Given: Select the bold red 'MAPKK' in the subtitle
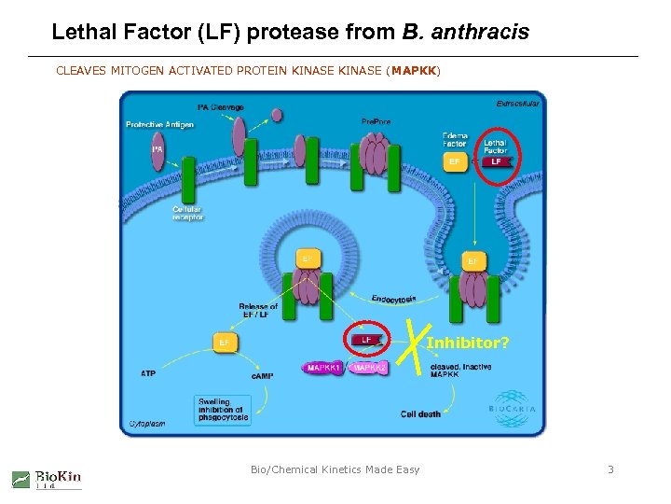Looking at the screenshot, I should pyautogui.click(x=415, y=71).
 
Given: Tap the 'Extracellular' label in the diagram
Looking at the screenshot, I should pyautogui.click(x=517, y=104).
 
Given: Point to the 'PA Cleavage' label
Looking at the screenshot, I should pyautogui.click(x=221, y=107).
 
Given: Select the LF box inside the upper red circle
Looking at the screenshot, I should pyautogui.click(x=496, y=161).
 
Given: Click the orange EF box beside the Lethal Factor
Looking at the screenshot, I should pyautogui.click(x=454, y=161).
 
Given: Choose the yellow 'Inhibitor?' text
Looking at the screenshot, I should pyautogui.click(x=468, y=343).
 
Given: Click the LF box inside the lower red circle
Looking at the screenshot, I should pyautogui.click(x=366, y=340).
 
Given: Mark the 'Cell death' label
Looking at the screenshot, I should pyautogui.click(x=420, y=413).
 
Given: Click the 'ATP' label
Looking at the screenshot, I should pyautogui.click(x=148, y=373).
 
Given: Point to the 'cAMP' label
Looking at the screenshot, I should pyautogui.click(x=263, y=376).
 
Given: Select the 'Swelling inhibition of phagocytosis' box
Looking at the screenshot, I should pyautogui.click(x=223, y=410).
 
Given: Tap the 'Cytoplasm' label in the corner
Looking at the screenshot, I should pyautogui.click(x=146, y=423).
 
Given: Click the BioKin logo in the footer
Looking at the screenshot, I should pyautogui.click(x=47, y=479).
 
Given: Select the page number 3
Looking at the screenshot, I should pyautogui.click(x=610, y=469).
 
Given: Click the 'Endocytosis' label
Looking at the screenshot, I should pyautogui.click(x=393, y=299).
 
